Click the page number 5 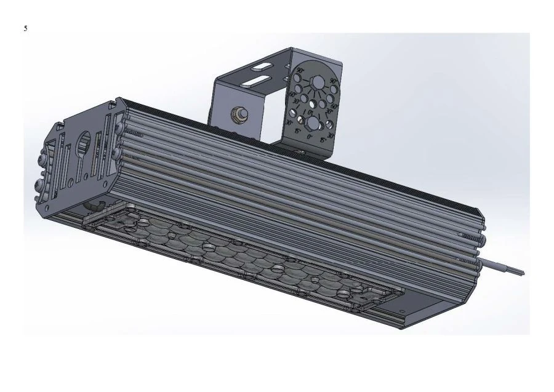(25, 28)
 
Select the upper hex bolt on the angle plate (318, 82)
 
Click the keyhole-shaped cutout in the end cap (82, 143)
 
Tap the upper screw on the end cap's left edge (42, 159)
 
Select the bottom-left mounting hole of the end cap (47, 208)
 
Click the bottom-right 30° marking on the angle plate (331, 136)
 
